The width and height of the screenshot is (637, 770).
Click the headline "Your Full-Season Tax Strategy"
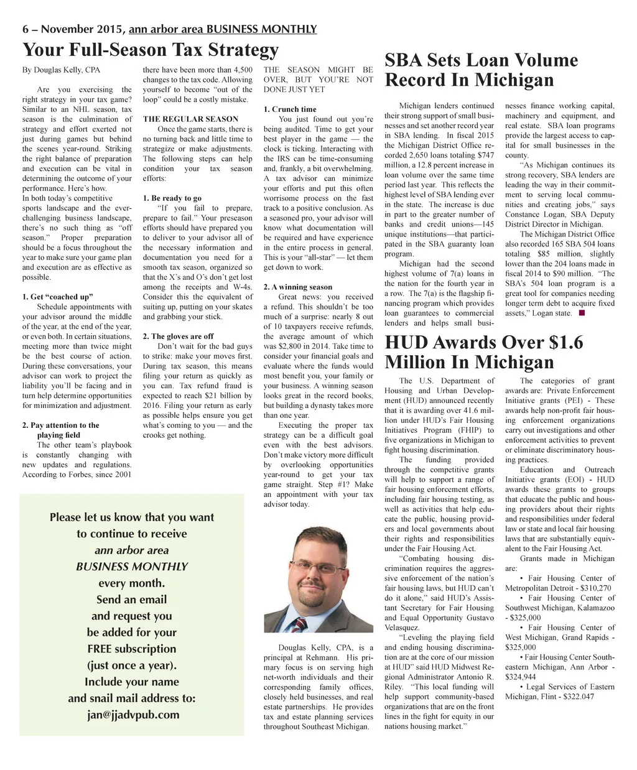(150, 50)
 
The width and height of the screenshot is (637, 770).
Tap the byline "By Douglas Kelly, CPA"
(61, 70)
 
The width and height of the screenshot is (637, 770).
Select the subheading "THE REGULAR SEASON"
(190, 119)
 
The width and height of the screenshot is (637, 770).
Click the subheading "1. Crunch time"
(289, 109)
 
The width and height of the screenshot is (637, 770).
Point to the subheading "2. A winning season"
(297, 287)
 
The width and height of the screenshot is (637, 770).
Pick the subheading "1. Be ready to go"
(172, 198)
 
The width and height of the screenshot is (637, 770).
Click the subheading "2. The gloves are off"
(178, 336)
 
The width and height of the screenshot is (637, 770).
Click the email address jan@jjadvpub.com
(133, 715)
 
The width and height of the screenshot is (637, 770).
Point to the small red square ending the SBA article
(581, 313)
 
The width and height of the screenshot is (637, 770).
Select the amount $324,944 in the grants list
(521, 677)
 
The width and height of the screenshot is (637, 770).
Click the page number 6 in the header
(26, 29)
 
